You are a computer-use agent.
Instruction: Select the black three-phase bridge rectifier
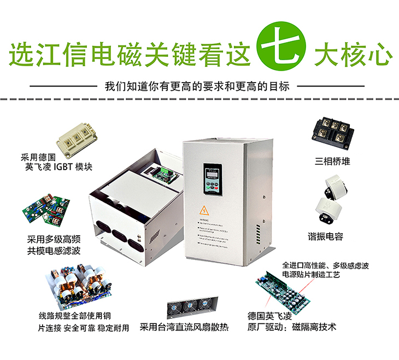[x=332, y=132]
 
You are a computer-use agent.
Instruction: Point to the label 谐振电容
[x=329, y=237]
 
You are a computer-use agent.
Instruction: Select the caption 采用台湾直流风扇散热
[x=184, y=328]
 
